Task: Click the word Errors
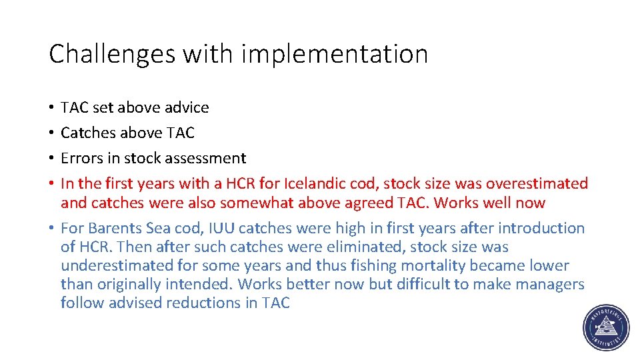point(81,159)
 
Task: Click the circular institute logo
point(606,328)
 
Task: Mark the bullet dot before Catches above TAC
point(51,133)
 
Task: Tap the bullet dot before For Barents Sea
point(51,229)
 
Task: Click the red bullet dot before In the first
point(51,184)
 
